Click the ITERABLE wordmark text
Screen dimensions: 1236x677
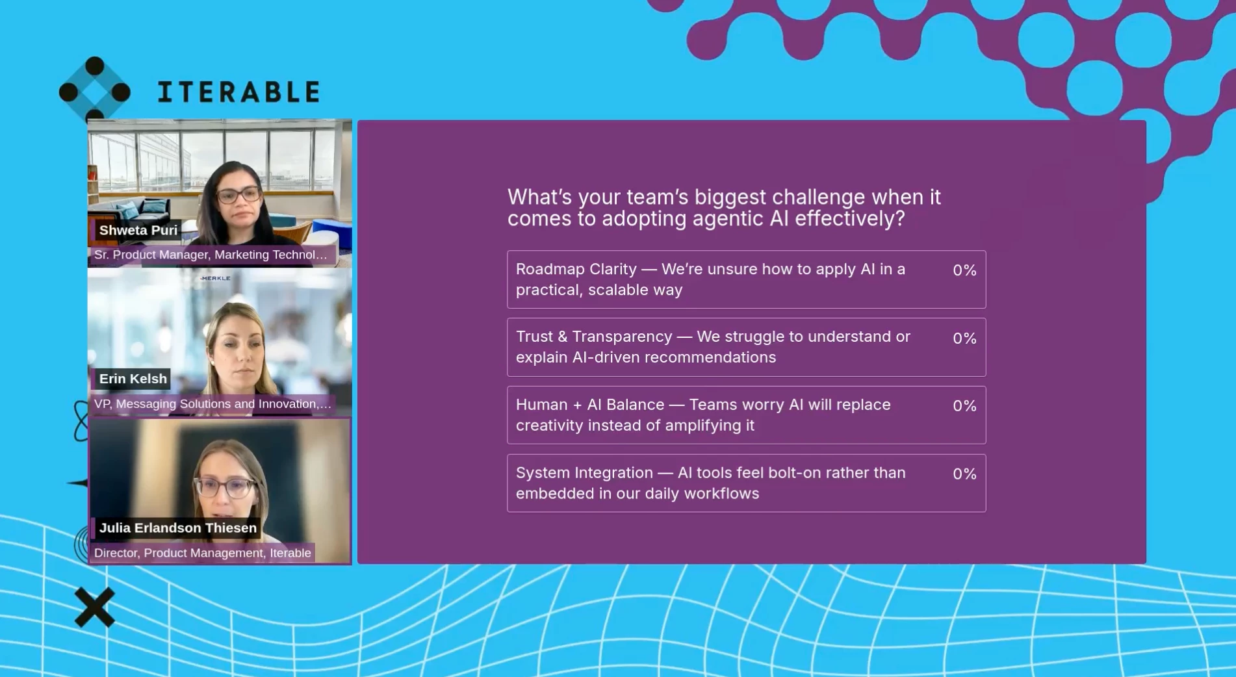click(x=238, y=92)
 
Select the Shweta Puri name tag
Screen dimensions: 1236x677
click(x=138, y=230)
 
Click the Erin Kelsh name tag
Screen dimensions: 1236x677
click(x=133, y=379)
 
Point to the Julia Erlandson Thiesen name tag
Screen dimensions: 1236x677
click(x=177, y=528)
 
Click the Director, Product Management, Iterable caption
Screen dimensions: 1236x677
click(x=202, y=553)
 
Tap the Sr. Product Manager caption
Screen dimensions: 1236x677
click(x=211, y=255)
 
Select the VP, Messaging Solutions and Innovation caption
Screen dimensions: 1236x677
click(x=212, y=403)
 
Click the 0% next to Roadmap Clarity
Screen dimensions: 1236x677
click(x=964, y=270)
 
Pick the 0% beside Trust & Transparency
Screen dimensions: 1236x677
click(x=964, y=338)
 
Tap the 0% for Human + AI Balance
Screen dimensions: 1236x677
click(x=964, y=406)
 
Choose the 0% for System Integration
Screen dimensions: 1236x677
click(x=964, y=474)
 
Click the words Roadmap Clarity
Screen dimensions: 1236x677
click(x=576, y=269)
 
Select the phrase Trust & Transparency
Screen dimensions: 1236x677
click(x=594, y=337)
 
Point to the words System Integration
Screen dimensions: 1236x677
click(x=584, y=472)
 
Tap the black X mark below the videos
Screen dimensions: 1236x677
click(x=95, y=607)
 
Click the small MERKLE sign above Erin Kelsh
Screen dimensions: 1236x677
click(x=216, y=278)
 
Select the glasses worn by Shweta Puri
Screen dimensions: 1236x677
click(x=238, y=194)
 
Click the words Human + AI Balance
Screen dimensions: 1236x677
click(x=590, y=405)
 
